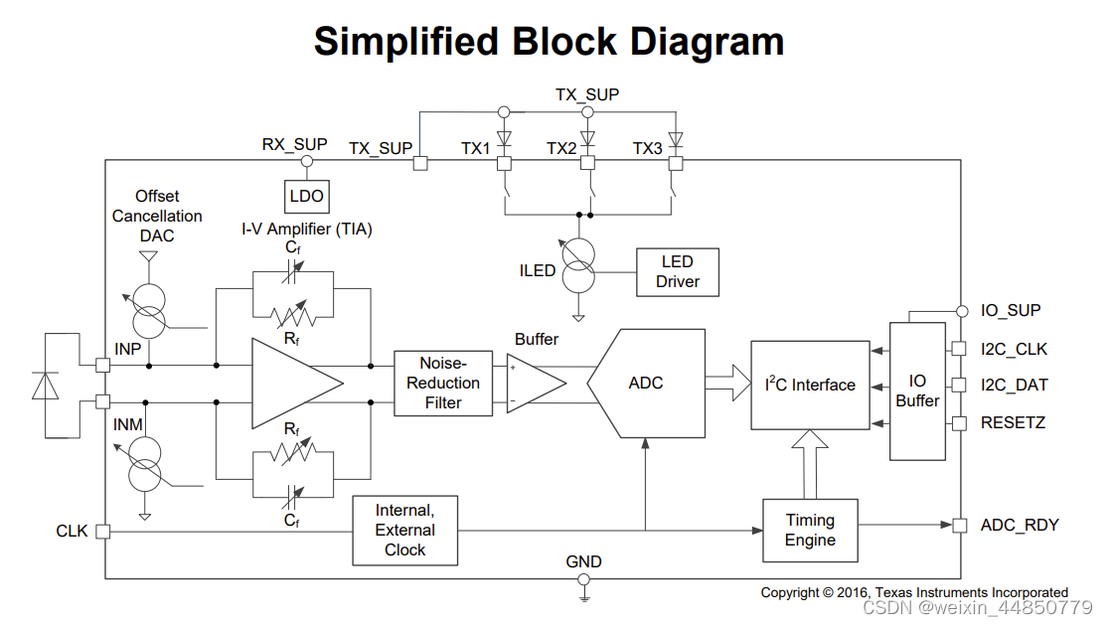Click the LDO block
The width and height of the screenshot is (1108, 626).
(x=306, y=196)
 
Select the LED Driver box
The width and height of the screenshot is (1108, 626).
(x=677, y=271)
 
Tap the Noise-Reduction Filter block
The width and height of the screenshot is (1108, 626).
(x=442, y=383)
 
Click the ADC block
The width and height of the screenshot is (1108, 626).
(x=645, y=383)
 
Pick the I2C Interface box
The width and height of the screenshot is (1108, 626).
(x=809, y=385)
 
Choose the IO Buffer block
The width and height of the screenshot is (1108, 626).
(x=917, y=391)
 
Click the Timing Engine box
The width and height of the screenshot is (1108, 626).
(x=810, y=530)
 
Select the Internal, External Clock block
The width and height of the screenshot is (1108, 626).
(x=404, y=530)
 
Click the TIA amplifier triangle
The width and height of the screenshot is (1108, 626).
(x=294, y=383)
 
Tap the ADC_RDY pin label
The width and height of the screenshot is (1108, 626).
(x=1020, y=525)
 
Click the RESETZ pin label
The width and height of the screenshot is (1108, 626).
(x=1013, y=422)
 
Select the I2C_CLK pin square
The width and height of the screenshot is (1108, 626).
(x=959, y=349)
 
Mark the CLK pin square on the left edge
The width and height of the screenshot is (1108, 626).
(x=102, y=532)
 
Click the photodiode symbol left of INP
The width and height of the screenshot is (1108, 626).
(x=46, y=385)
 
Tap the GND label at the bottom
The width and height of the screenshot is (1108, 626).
(x=583, y=561)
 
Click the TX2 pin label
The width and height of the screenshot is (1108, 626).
(x=561, y=148)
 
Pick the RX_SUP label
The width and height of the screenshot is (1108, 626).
(x=294, y=144)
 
